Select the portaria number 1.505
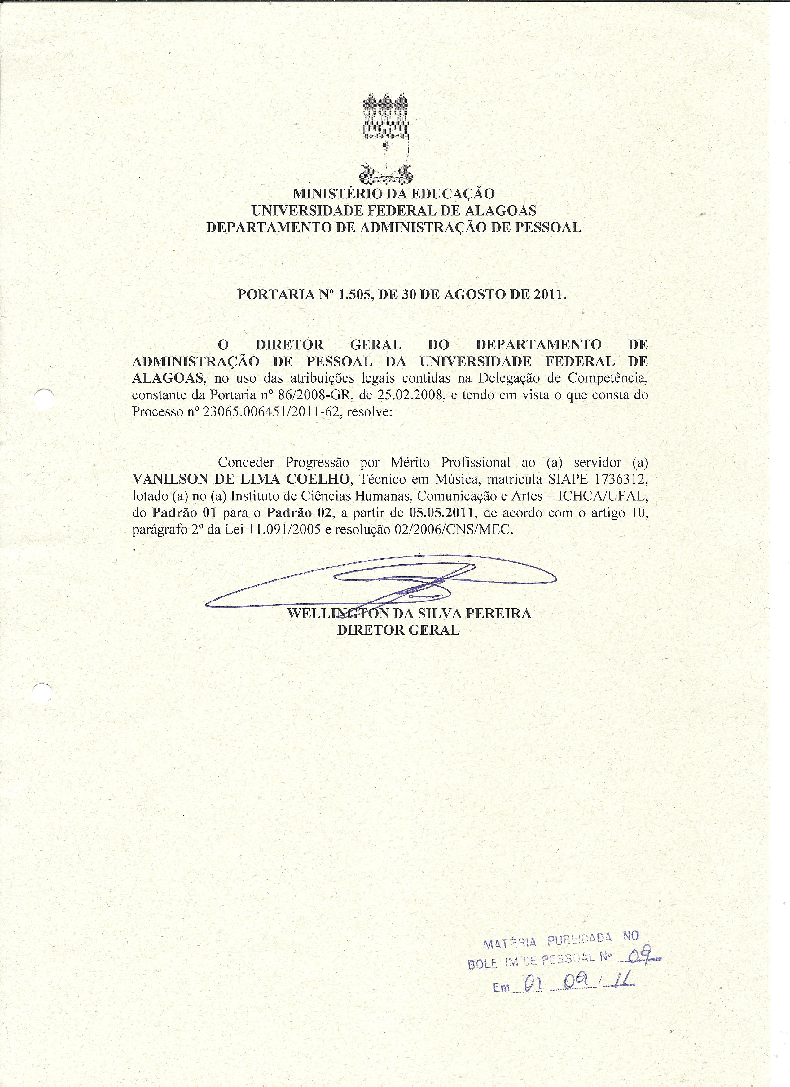(x=356, y=294)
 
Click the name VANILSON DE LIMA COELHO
(x=241, y=479)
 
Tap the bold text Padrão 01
(x=185, y=513)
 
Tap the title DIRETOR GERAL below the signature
(x=398, y=630)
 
